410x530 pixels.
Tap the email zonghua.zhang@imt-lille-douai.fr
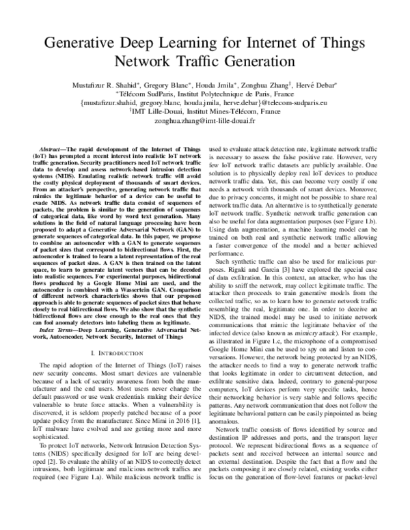tap(205, 120)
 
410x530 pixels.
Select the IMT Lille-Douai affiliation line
tap(205, 111)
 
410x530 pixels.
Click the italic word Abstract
tap(51, 147)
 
